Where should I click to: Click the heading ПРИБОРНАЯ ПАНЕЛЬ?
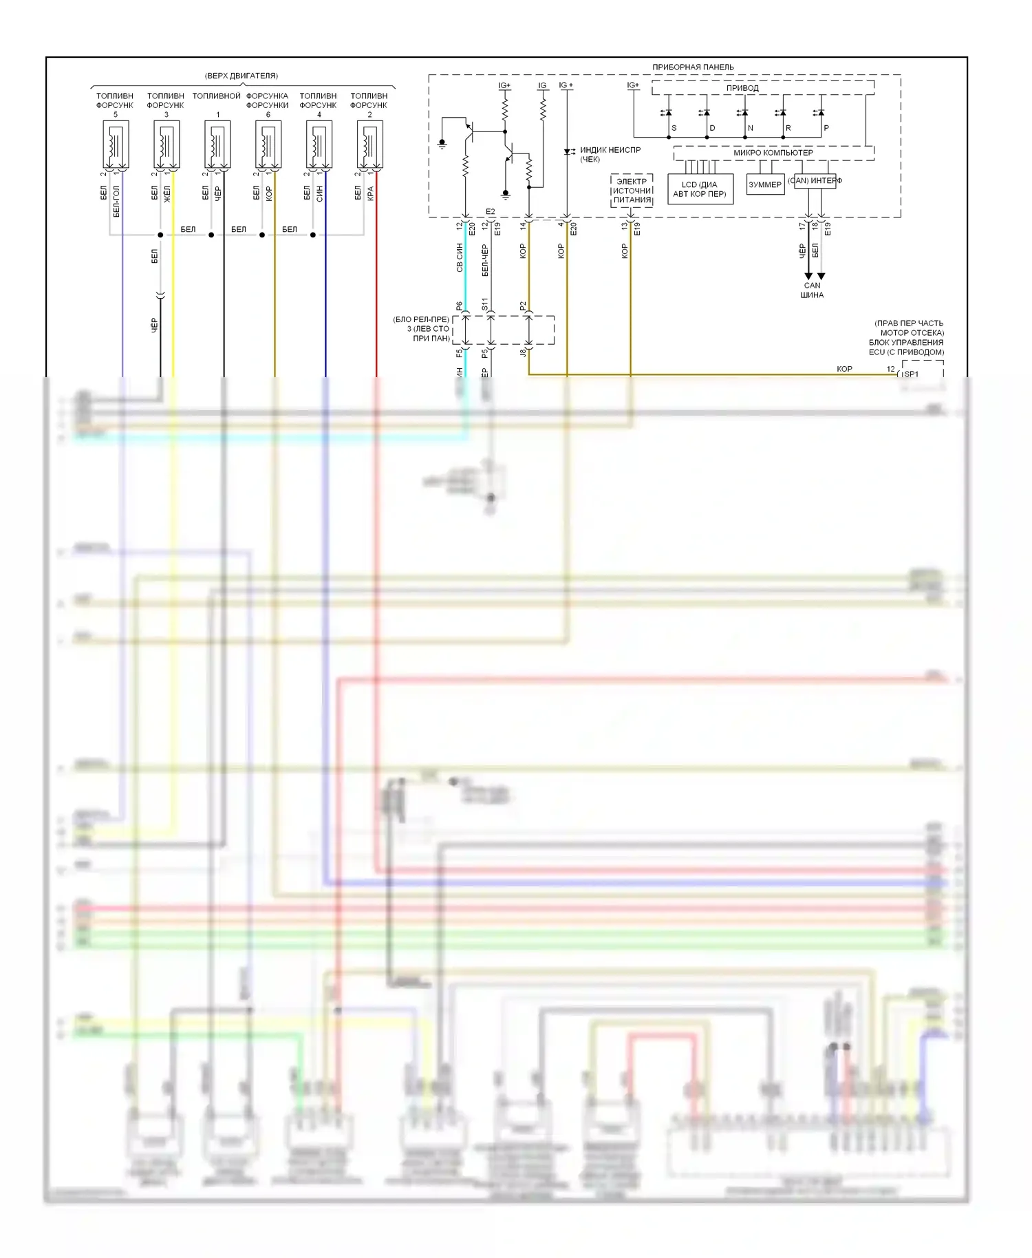(692, 67)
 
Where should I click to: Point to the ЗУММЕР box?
(765, 184)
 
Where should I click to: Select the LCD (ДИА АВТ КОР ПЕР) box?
(699, 189)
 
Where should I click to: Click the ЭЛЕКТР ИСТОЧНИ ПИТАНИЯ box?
(632, 191)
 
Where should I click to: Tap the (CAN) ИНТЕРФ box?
(815, 181)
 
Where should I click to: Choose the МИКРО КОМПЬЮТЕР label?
(773, 153)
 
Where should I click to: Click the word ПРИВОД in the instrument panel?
(742, 88)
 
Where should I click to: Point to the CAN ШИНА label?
(812, 290)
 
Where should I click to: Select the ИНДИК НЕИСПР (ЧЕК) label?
(610, 154)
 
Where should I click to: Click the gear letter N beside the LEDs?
(750, 128)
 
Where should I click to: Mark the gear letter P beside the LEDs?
(826, 128)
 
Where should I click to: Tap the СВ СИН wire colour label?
(460, 257)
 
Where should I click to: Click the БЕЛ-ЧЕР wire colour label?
(485, 260)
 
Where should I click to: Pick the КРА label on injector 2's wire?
(370, 193)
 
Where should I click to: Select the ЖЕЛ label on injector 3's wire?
(166, 193)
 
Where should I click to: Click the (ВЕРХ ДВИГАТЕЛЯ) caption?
(241, 76)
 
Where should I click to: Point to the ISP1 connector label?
(910, 374)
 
